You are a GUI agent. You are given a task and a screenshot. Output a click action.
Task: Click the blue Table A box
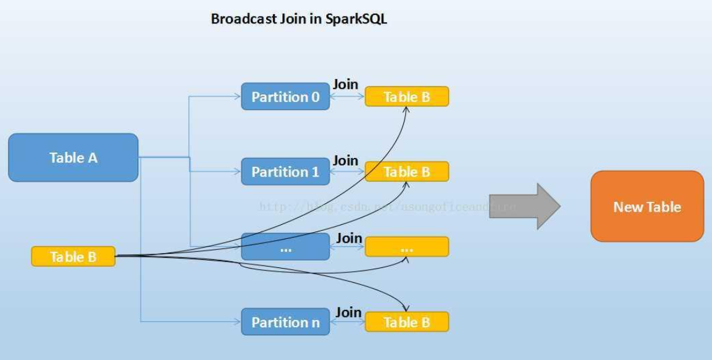click(73, 157)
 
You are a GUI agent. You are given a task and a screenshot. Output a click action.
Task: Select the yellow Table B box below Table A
click(73, 256)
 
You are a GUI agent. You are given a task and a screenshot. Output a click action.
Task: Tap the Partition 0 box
click(285, 97)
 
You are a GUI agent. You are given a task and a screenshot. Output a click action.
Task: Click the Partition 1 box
click(285, 172)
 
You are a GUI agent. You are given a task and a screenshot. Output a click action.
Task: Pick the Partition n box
click(285, 322)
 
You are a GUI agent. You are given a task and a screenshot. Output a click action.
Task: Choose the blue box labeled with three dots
click(285, 246)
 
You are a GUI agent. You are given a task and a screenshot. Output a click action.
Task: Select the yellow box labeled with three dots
click(406, 247)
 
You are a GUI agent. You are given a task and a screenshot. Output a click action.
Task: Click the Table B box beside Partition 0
click(406, 96)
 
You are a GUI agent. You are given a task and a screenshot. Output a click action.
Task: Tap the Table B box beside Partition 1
click(406, 172)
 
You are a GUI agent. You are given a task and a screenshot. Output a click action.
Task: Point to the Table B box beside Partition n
click(406, 322)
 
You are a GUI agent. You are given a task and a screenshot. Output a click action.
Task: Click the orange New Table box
click(647, 206)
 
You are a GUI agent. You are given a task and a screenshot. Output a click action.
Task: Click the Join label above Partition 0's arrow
click(345, 85)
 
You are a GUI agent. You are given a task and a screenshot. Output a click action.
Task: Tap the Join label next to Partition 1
click(345, 161)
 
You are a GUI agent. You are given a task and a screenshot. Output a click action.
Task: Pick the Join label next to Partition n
click(348, 312)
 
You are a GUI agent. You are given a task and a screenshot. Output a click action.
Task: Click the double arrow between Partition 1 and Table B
click(347, 172)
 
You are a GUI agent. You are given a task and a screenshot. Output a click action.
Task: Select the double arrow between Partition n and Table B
click(347, 322)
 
